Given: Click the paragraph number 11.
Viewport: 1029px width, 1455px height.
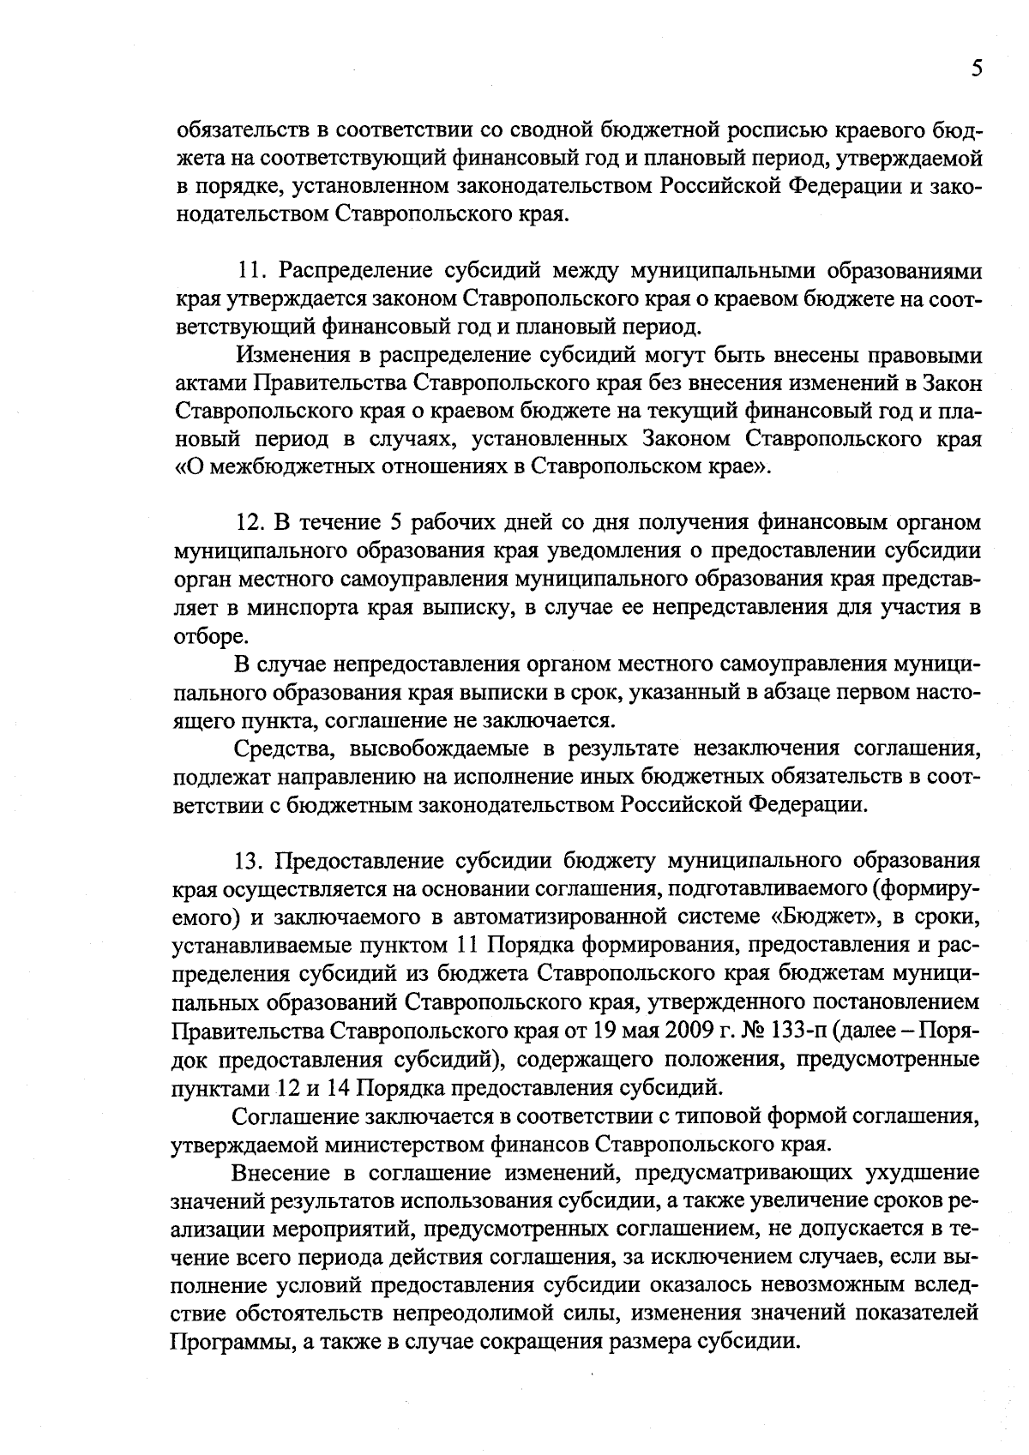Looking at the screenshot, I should (249, 273).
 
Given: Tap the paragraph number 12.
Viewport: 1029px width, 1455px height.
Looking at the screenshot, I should (249, 524).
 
